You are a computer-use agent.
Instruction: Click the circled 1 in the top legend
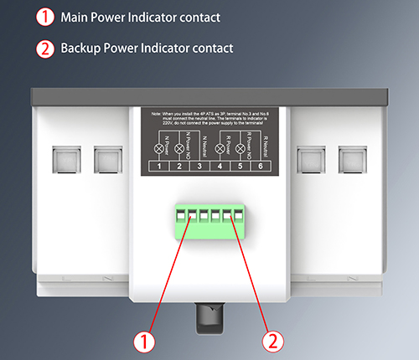tap(44, 17)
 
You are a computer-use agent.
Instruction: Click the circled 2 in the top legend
tap(44, 48)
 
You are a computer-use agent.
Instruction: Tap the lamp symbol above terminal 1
tap(159, 148)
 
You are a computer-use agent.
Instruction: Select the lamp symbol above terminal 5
tap(240, 148)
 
